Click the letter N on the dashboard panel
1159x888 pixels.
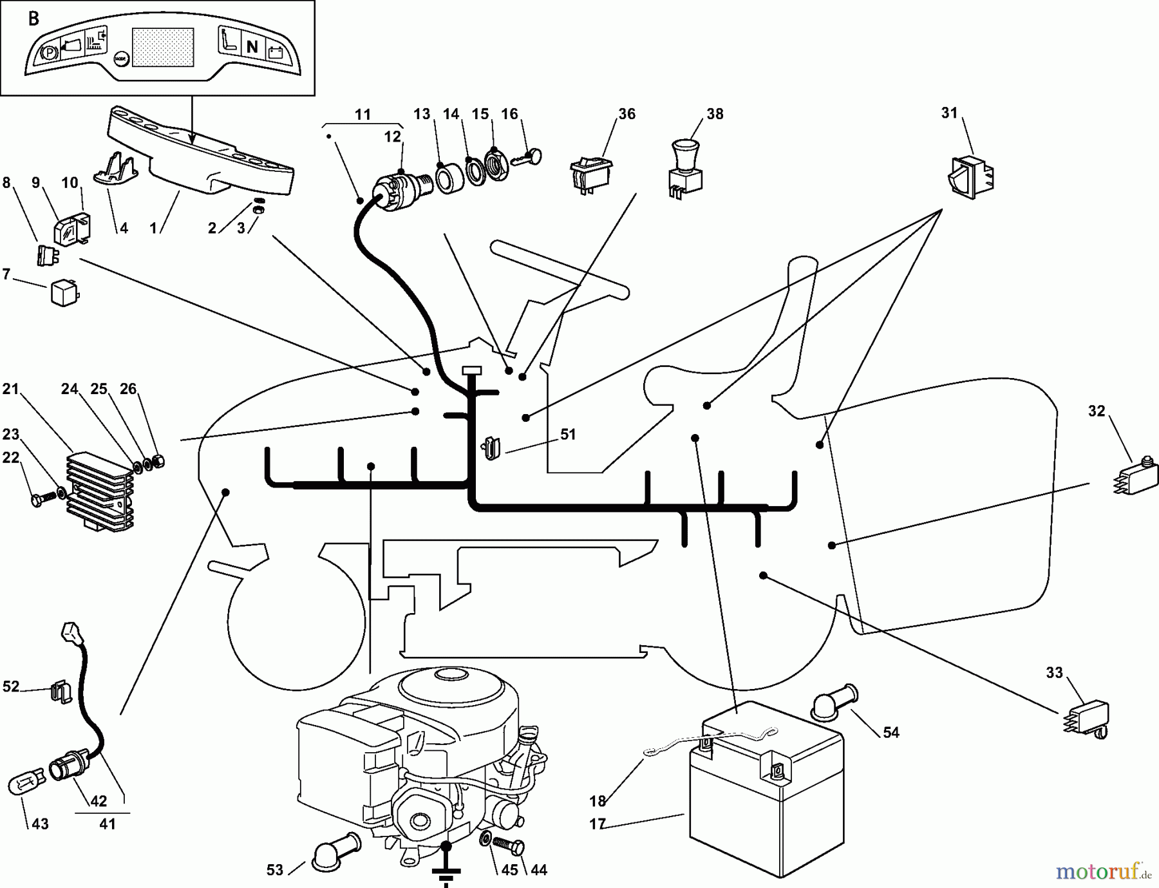252,46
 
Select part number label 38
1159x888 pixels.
715,114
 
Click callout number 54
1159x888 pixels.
891,733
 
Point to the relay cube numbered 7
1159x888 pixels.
64,294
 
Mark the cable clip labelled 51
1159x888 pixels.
491,446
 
